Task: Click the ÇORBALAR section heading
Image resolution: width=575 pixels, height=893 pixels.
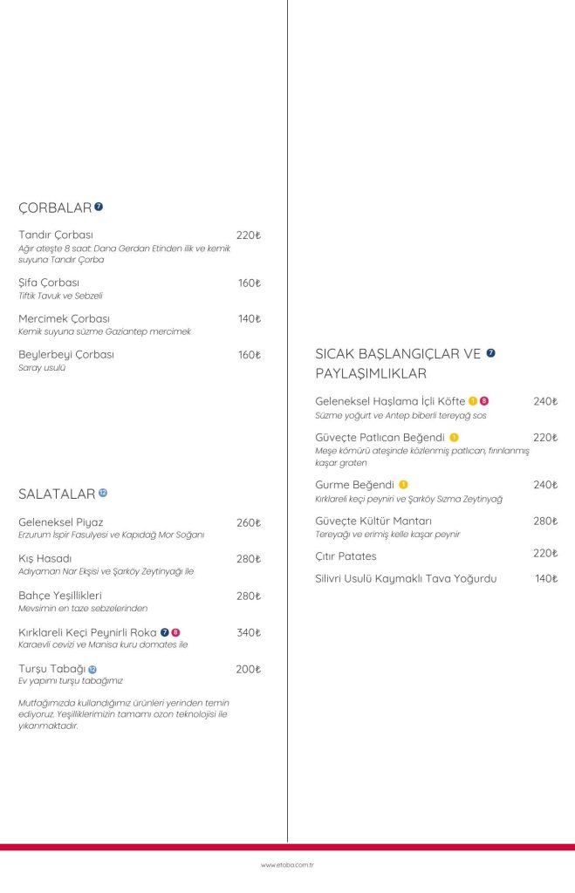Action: (55, 208)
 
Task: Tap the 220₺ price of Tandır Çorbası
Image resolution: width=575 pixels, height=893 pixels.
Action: (249, 235)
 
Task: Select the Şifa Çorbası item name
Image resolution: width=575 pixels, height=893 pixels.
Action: (49, 283)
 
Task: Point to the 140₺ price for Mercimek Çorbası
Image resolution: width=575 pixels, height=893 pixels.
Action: (250, 319)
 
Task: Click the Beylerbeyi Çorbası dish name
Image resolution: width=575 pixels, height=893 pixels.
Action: (66, 355)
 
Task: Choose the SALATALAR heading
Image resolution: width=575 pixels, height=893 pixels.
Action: (57, 494)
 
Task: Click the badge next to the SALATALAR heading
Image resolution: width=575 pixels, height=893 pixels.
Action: (103, 493)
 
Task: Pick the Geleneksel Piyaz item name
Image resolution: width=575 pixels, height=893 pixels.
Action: (61, 522)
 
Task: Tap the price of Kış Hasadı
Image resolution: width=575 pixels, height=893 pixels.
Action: (249, 559)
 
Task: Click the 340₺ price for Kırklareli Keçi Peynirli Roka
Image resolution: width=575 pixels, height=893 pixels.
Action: (249, 632)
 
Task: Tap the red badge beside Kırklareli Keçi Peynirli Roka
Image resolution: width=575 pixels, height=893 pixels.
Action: (175, 632)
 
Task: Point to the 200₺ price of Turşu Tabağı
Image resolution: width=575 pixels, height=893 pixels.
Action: (249, 669)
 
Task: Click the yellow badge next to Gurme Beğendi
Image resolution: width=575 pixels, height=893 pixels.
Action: (403, 484)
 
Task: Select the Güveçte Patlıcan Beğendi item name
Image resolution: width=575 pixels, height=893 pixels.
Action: (380, 437)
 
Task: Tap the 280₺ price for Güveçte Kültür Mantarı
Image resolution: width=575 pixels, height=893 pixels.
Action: (545, 521)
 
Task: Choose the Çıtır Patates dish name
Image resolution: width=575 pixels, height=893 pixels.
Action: (346, 556)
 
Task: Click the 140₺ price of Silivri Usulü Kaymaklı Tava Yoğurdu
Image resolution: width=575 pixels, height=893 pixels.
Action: (546, 578)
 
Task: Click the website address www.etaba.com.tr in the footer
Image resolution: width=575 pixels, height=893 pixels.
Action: (287, 865)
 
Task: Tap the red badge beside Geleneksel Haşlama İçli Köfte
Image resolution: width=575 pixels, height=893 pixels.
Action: (484, 401)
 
